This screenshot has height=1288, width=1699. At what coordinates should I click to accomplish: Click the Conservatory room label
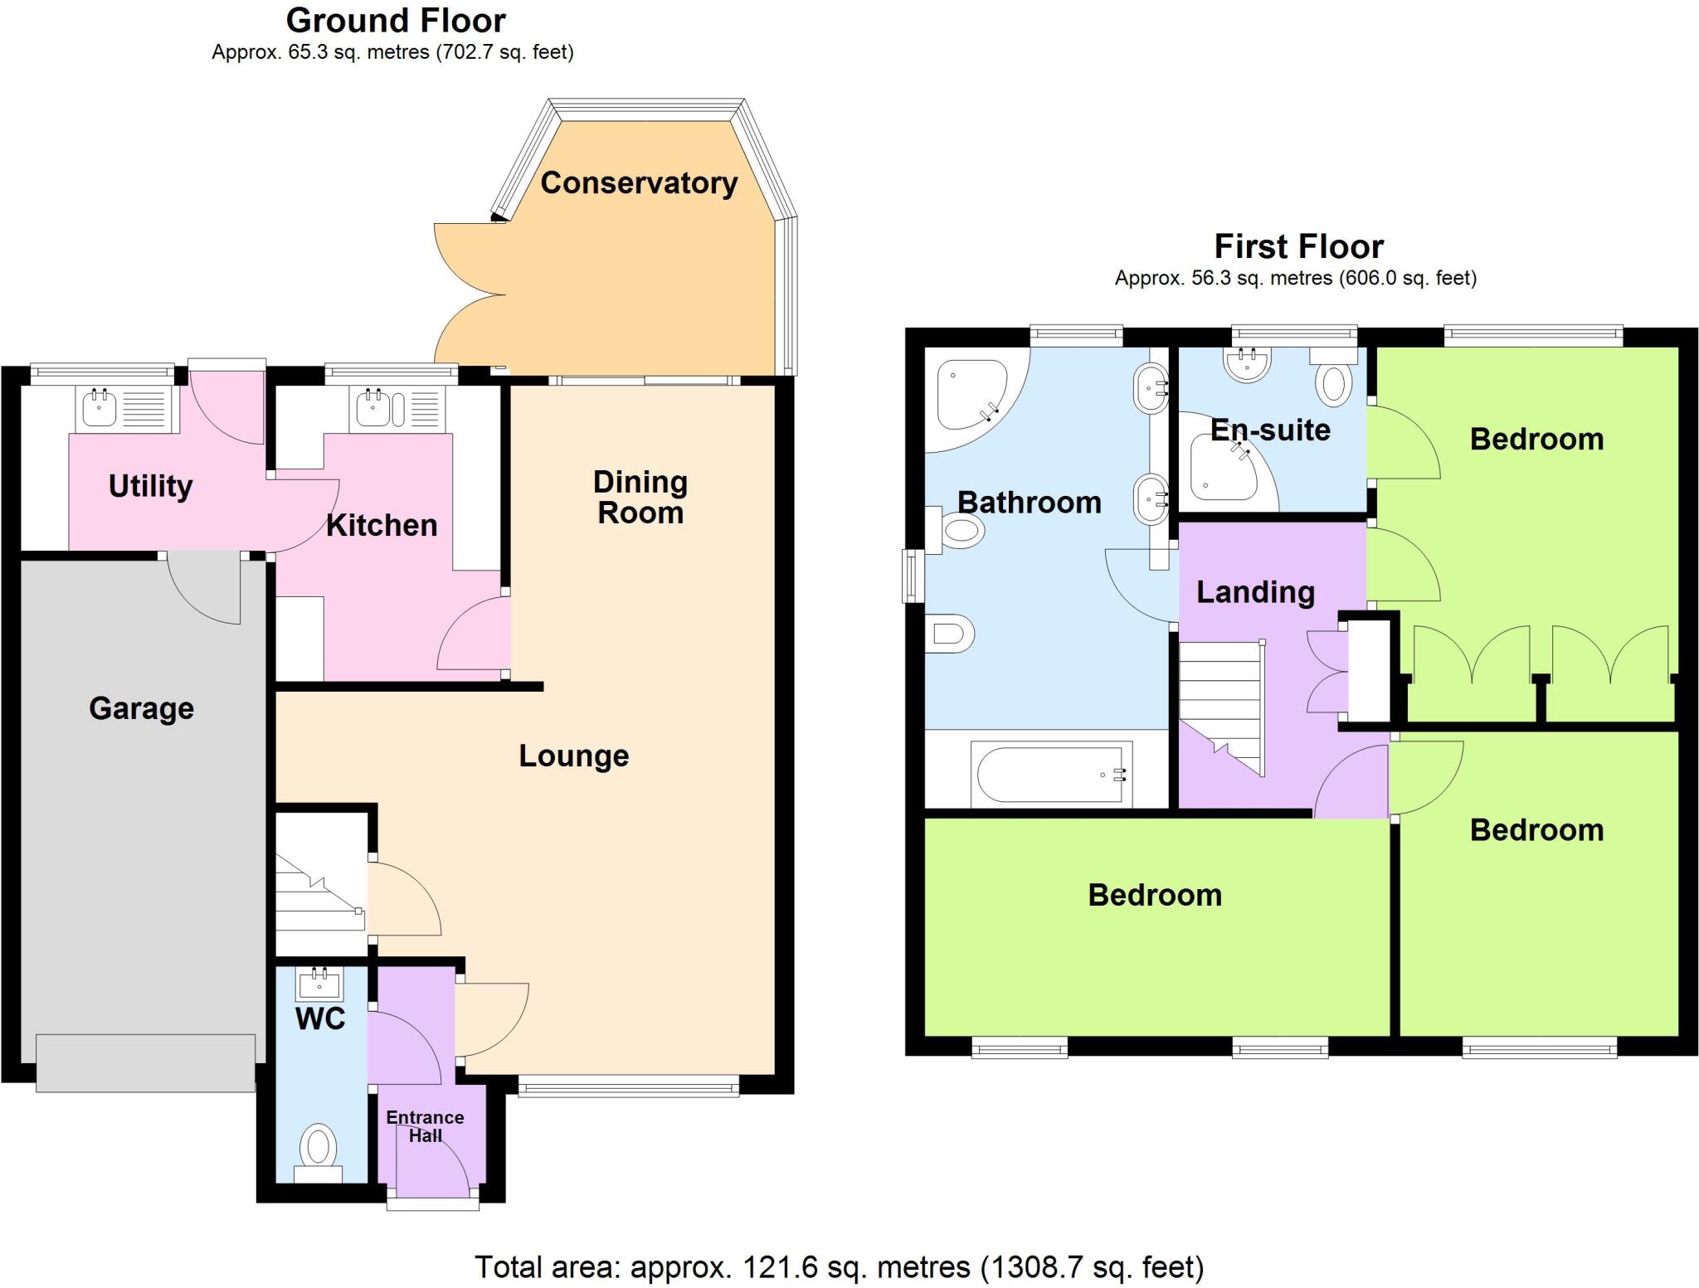click(639, 183)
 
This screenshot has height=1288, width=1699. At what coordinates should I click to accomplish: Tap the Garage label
click(141, 708)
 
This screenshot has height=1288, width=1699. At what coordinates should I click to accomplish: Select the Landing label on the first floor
click(1255, 591)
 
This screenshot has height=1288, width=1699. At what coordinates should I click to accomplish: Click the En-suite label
click(1270, 430)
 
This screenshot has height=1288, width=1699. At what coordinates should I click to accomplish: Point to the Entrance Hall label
click(425, 1126)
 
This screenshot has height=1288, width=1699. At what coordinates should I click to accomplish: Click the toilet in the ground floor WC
click(319, 1150)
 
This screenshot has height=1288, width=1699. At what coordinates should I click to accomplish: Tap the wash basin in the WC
click(319, 984)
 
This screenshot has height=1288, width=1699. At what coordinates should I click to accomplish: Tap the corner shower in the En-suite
click(1224, 468)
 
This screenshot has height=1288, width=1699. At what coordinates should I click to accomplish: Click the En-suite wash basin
click(1247, 364)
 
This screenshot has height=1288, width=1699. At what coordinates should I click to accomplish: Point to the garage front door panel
click(146, 1062)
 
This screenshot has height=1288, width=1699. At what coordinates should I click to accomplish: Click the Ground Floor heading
click(396, 21)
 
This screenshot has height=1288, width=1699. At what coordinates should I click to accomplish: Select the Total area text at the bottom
click(839, 1266)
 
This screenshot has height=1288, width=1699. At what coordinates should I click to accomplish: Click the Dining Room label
click(640, 497)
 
